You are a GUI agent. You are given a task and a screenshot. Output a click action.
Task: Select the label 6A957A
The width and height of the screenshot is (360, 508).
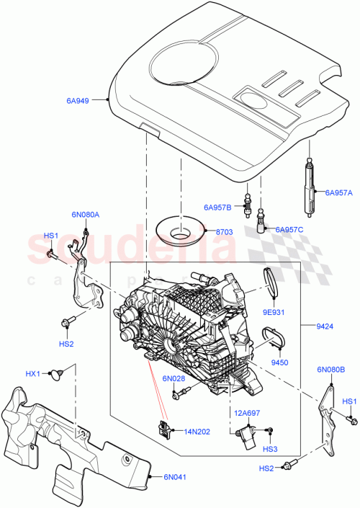pos(338,192)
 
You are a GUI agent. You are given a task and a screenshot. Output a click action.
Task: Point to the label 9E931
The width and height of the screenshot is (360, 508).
pos(274,313)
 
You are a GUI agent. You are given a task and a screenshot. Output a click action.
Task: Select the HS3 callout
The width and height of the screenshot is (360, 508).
pos(269,450)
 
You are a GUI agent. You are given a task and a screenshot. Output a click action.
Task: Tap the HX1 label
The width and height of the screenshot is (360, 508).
pos(33,374)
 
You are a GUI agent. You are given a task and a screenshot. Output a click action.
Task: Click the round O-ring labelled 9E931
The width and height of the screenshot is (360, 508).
pos(270,280)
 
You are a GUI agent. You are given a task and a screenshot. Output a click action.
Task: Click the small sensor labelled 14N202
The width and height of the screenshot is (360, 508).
pos(166,428)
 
